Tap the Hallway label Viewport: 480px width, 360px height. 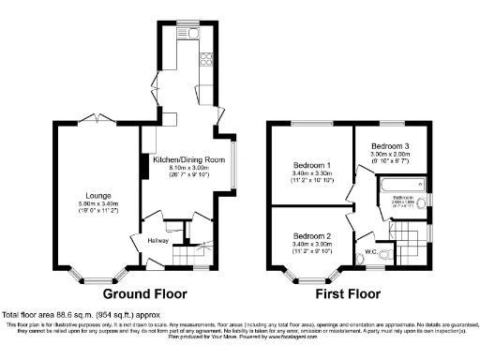click(x=157, y=241)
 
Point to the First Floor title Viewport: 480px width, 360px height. click(x=347, y=293)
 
